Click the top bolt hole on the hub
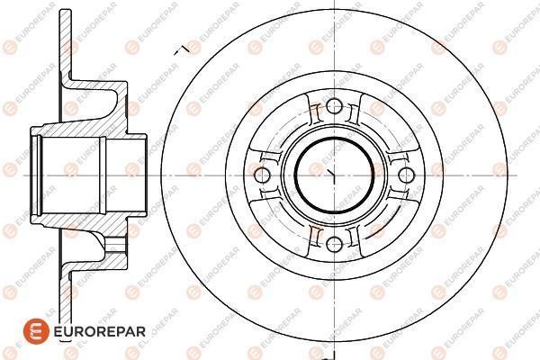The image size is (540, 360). tap(334, 106)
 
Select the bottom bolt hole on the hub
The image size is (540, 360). tap(334, 244)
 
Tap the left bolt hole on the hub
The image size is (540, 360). tap(262, 175)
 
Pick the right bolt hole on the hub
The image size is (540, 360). tap(406, 175)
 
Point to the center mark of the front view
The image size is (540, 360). tap(331, 174)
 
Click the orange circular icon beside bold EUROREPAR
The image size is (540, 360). tap(36, 331)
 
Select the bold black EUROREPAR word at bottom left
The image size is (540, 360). tap(100, 332)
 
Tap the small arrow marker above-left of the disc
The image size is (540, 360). tap(182, 50)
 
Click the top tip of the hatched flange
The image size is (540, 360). tap(66, 10)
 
